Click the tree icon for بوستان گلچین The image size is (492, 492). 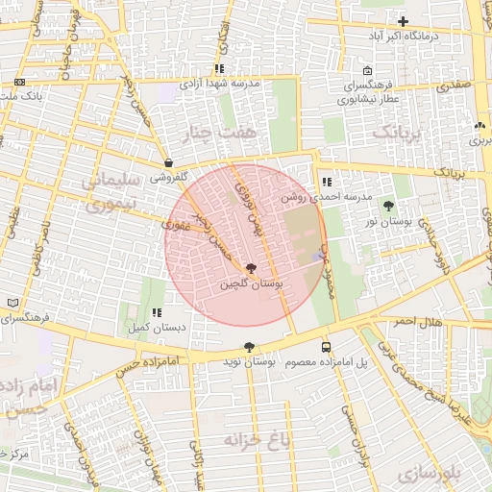click(x=251, y=269)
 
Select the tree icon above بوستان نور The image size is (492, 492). click(x=389, y=206)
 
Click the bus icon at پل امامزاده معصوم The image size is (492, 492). click(x=326, y=347)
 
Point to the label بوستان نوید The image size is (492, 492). click(x=249, y=362)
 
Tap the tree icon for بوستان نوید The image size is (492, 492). click(x=249, y=347)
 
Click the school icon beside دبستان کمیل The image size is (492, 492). click(x=156, y=312)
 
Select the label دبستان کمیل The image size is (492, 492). click(x=157, y=328)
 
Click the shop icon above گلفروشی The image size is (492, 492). click(x=168, y=162)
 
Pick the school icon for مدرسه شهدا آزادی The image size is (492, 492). click(x=219, y=69)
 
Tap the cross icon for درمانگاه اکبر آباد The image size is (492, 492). click(x=403, y=21)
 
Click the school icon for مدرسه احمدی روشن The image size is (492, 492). click(x=327, y=181)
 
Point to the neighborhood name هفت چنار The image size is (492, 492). click(x=224, y=131)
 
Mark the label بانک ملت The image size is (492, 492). click(x=19, y=96)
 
